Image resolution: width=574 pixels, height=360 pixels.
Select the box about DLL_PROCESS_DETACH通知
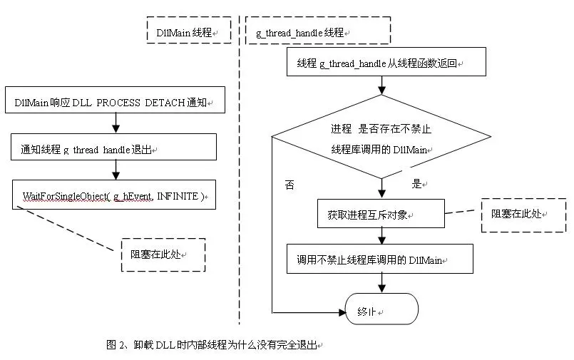click(115, 103)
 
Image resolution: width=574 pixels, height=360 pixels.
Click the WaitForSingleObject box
click(114, 195)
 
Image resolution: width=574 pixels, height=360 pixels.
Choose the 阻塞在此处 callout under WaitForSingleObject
click(163, 254)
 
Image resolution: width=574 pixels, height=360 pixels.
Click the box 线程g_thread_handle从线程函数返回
click(386, 63)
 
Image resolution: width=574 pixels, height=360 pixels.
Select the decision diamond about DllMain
click(382, 138)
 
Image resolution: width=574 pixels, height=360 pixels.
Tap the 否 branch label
click(289, 184)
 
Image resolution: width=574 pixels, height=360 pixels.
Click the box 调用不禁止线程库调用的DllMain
click(380, 259)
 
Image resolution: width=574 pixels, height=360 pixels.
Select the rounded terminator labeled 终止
click(381, 311)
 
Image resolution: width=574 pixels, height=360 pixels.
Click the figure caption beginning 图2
click(214, 344)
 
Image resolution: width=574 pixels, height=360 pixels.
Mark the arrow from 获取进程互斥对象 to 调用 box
click(381, 236)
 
